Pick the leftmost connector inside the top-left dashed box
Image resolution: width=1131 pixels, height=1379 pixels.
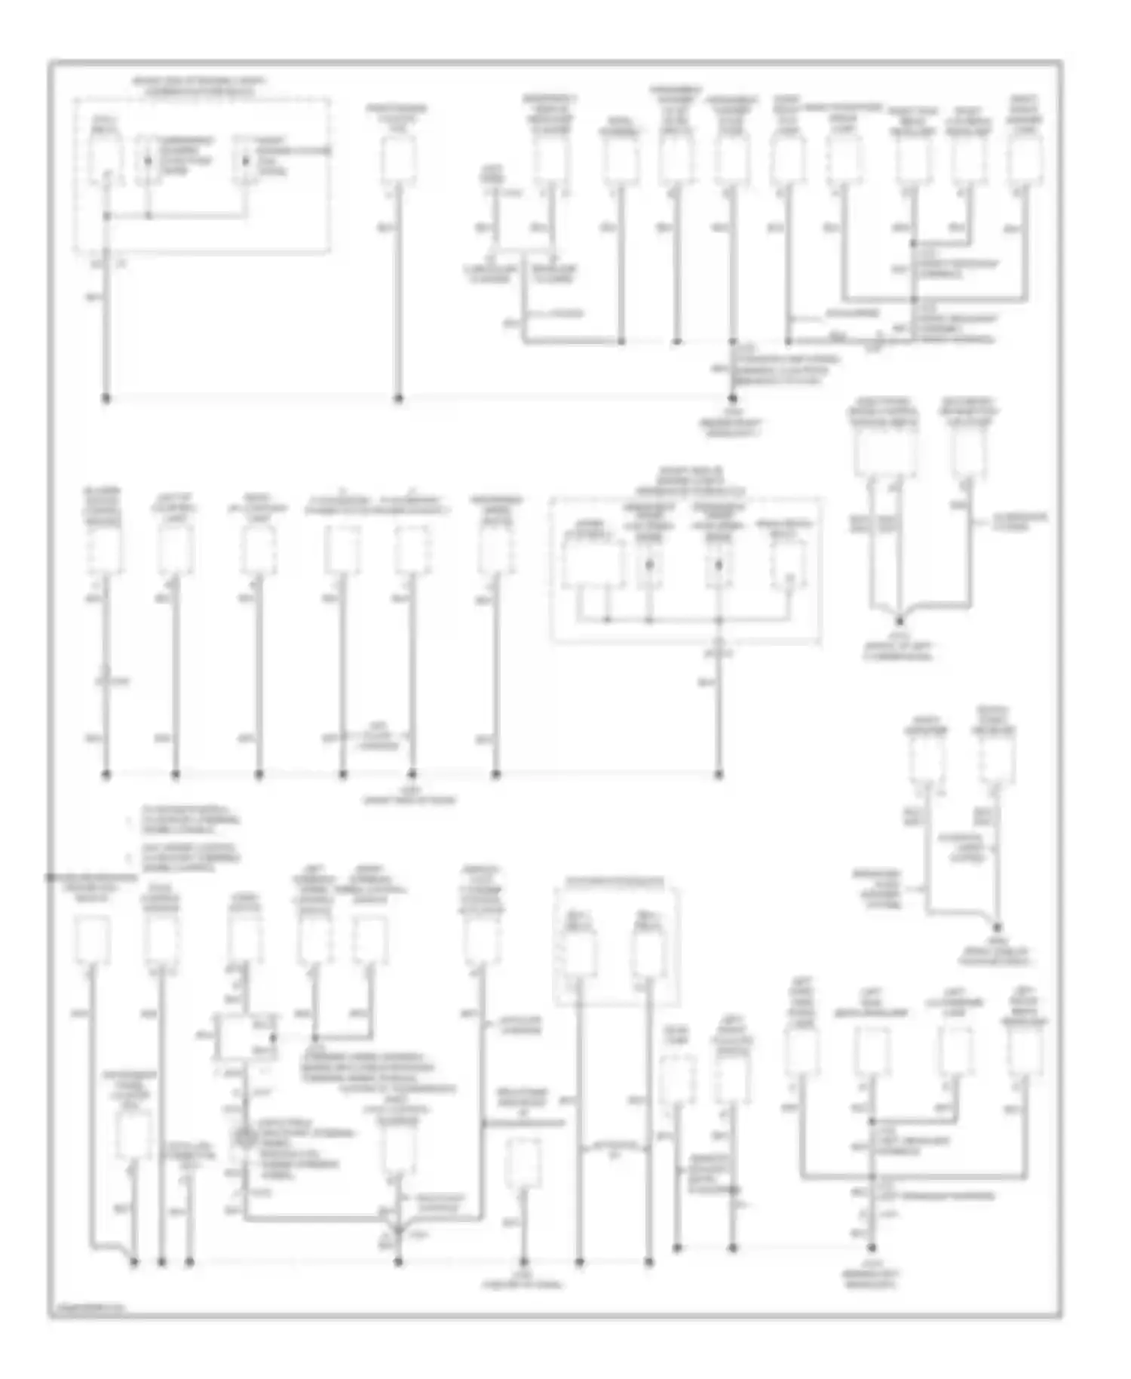pyautogui.click(x=103, y=157)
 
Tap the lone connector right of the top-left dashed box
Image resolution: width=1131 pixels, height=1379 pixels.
pyautogui.click(x=398, y=160)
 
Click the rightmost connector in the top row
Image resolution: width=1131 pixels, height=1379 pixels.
pyautogui.click(x=1025, y=160)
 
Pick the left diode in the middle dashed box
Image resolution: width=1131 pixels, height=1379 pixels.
pyautogui.click(x=648, y=564)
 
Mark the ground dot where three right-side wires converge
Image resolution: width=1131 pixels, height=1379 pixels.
pyautogui.click(x=899, y=622)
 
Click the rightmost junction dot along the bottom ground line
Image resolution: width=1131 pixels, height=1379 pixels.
pyautogui.click(x=872, y=1248)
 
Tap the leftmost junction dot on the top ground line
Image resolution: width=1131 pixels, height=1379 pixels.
pyautogui.click(x=106, y=398)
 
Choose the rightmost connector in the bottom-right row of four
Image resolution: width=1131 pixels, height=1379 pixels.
pyautogui.click(x=1025, y=1052)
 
